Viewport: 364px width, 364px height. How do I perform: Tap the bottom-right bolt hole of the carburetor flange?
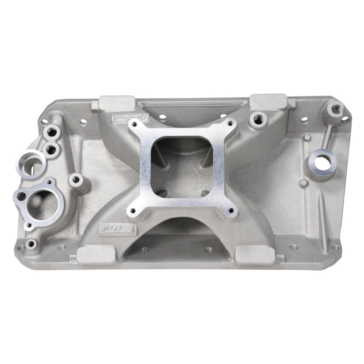pyautogui.click(x=231, y=211)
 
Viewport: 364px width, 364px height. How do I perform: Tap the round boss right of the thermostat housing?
pyautogui.click(x=76, y=179)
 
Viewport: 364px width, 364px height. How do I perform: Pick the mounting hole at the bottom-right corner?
pyautogui.click(x=335, y=248)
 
